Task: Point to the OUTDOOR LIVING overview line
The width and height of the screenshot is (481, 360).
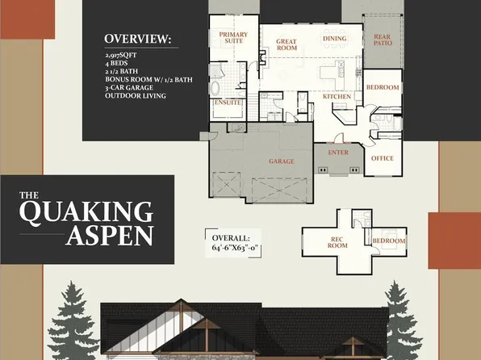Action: click(135, 96)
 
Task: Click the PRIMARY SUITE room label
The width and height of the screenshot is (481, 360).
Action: click(233, 38)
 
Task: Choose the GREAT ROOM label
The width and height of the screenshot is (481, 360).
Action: click(287, 44)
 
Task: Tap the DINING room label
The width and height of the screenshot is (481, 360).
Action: click(334, 39)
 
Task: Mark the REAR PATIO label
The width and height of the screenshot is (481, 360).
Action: click(382, 38)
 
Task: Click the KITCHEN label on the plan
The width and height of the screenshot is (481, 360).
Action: click(337, 96)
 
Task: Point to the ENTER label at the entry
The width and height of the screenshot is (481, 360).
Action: click(338, 152)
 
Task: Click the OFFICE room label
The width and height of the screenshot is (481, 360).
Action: click(382, 158)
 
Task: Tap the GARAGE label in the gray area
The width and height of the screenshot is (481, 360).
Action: click(281, 161)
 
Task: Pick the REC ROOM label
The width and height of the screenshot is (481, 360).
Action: click(337, 242)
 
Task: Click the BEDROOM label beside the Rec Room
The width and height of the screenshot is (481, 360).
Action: click(389, 241)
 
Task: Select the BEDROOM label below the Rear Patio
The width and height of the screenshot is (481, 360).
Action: click(383, 86)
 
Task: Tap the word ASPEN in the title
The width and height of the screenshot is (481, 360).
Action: click(110, 237)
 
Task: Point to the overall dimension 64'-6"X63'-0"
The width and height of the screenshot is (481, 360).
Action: click(233, 250)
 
